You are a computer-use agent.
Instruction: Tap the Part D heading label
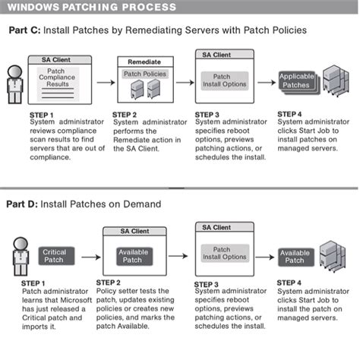(23, 203)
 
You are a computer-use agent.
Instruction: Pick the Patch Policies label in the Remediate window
(144, 74)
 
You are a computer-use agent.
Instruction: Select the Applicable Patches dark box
(296, 81)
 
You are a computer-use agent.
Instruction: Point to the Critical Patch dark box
(54, 255)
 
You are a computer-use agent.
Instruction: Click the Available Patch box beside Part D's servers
(294, 256)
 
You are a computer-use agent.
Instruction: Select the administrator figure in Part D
(21, 256)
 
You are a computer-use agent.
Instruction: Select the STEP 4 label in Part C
(290, 113)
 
